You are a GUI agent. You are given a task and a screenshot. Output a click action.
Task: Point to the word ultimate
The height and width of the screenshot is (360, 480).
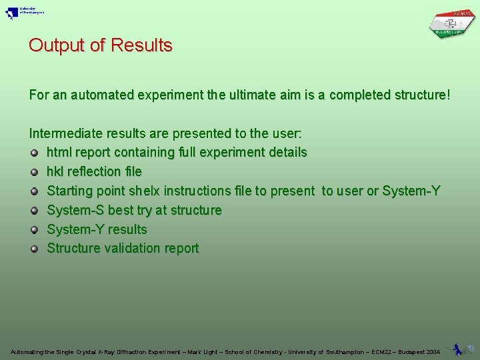pyautogui.click(x=251, y=95)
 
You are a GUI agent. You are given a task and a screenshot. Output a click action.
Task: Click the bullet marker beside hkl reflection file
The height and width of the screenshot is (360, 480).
pyautogui.click(x=35, y=172)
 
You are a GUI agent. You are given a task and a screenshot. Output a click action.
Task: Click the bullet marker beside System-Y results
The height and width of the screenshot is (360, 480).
pyautogui.click(x=35, y=230)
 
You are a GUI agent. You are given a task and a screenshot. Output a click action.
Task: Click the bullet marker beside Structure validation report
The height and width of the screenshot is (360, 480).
pyautogui.click(x=35, y=249)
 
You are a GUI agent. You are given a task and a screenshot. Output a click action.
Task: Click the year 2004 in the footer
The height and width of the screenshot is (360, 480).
pyautogui.click(x=433, y=351)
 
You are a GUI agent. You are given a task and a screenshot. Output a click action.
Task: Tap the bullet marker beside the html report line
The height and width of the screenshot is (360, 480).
pyautogui.click(x=35, y=153)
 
